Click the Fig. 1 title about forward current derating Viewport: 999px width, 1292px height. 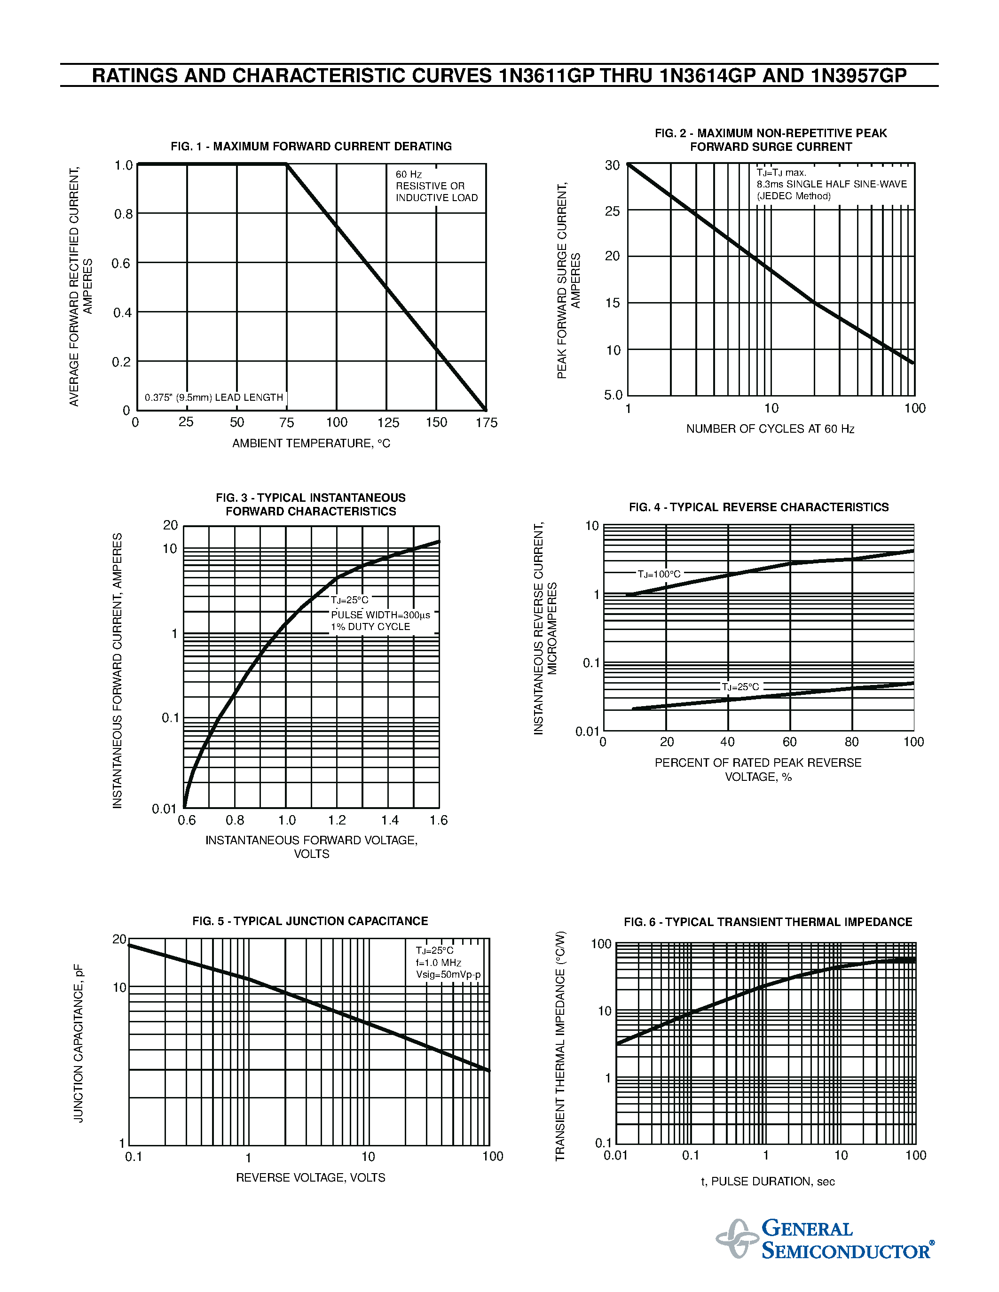click(311, 146)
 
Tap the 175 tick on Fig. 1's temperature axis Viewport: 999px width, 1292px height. click(487, 422)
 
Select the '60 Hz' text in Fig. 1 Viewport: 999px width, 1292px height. click(409, 174)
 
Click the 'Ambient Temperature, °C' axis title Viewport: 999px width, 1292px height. click(311, 443)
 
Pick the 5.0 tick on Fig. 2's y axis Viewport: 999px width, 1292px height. click(613, 395)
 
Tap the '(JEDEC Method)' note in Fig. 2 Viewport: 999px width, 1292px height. click(794, 196)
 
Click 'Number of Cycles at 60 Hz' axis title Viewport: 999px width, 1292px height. click(770, 429)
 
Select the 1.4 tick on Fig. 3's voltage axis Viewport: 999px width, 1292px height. click(389, 820)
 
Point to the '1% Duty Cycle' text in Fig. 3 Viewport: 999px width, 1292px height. click(370, 626)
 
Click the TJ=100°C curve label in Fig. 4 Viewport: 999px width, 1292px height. click(659, 574)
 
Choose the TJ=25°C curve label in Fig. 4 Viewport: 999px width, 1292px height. click(740, 687)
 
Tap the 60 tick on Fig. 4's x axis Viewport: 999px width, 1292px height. click(789, 742)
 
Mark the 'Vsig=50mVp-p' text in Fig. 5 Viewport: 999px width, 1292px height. click(448, 975)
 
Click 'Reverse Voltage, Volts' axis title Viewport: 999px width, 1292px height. click(310, 1178)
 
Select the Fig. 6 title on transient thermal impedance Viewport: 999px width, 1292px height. click(768, 922)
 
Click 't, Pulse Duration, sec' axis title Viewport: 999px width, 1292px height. click(768, 1182)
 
